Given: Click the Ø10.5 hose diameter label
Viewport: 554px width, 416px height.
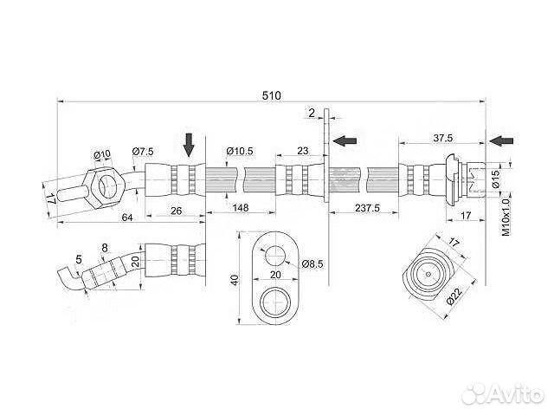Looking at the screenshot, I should tap(239, 151).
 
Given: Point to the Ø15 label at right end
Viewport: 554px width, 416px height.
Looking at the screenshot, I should tap(494, 180).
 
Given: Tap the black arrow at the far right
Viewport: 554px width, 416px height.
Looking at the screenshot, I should tap(500, 140).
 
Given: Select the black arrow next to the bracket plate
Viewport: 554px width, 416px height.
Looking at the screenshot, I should tap(345, 139).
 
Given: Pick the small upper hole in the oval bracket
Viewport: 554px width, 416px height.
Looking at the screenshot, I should tap(275, 254).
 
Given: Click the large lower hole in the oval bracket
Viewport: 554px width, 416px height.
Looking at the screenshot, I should tap(274, 302).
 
